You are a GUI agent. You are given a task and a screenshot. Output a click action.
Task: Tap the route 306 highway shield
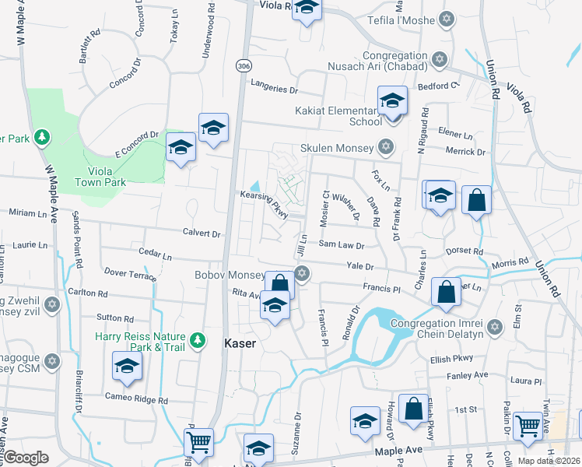pos(245,65)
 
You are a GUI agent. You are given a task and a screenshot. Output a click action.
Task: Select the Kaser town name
pos(240,342)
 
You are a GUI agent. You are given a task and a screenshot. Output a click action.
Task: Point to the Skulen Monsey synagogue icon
pos(384,147)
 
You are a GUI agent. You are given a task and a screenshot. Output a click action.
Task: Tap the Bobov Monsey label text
pos(241,276)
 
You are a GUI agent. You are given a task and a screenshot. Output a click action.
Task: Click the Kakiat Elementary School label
pos(338,116)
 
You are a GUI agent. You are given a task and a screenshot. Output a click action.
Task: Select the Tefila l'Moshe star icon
pos(447,18)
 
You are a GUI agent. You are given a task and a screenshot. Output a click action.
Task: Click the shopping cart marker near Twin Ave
pos(528,426)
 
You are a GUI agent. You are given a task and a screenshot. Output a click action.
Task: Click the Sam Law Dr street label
pos(341,244)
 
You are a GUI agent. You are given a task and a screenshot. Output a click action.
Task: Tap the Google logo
pos(26,458)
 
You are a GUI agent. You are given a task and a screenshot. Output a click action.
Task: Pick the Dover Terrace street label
pos(130,274)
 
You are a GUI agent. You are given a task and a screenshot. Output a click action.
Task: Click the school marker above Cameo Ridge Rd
pos(128,366)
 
